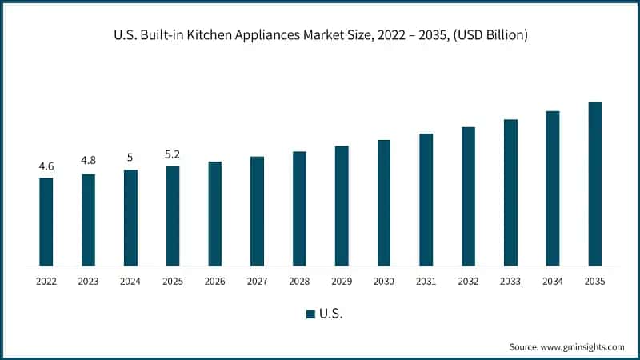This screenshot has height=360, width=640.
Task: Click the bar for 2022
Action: (x=46, y=222)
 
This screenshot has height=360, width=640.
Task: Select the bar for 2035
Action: (x=594, y=184)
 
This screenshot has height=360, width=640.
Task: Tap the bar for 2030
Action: (x=384, y=202)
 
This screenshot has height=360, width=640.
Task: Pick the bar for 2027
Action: (x=257, y=211)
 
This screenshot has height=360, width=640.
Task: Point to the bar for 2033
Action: (x=510, y=193)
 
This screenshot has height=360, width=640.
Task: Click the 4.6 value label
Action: (x=46, y=166)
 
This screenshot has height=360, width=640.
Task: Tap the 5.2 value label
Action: (x=173, y=154)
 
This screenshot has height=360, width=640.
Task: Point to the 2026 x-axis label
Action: (x=215, y=282)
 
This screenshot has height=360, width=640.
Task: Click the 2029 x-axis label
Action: (x=342, y=282)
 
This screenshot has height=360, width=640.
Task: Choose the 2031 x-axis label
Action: (x=426, y=282)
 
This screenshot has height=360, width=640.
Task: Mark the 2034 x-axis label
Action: (x=552, y=282)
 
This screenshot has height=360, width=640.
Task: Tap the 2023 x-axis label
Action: (x=89, y=282)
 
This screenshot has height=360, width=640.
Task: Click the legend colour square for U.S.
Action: (x=310, y=314)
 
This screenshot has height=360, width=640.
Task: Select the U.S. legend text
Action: (x=331, y=314)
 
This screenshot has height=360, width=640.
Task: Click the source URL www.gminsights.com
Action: (x=583, y=346)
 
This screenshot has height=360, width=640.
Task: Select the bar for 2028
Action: (x=299, y=208)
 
